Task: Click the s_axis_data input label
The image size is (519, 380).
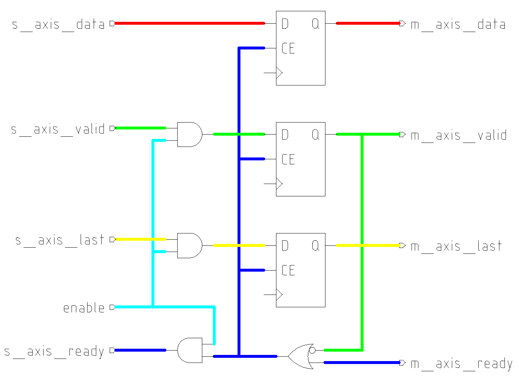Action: click(x=58, y=24)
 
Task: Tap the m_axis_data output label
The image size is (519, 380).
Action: click(x=458, y=24)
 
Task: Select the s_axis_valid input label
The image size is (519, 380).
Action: click(x=58, y=129)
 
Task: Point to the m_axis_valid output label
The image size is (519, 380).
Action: click(x=458, y=135)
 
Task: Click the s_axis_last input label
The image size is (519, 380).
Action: click(x=60, y=240)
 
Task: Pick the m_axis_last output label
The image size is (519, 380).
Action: click(x=456, y=246)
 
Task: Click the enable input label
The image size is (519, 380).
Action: click(x=84, y=308)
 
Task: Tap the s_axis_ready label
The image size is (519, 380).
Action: click(x=54, y=351)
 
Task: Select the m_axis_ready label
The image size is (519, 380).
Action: click(x=461, y=364)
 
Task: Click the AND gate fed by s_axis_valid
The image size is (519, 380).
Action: click(x=189, y=134)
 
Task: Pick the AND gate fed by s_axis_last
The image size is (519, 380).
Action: click(x=189, y=245)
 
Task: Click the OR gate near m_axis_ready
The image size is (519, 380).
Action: click(x=300, y=356)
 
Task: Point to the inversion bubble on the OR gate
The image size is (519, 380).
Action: click(x=312, y=351)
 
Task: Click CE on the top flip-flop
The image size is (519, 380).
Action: click(x=288, y=48)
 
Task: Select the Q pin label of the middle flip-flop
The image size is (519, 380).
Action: click(x=315, y=135)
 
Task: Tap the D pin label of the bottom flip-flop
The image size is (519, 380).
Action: click(x=285, y=246)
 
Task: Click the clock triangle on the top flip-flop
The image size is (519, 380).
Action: click(x=279, y=73)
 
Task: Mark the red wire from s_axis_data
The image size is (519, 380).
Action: click(x=189, y=23)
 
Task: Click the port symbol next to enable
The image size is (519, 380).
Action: click(x=112, y=307)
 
